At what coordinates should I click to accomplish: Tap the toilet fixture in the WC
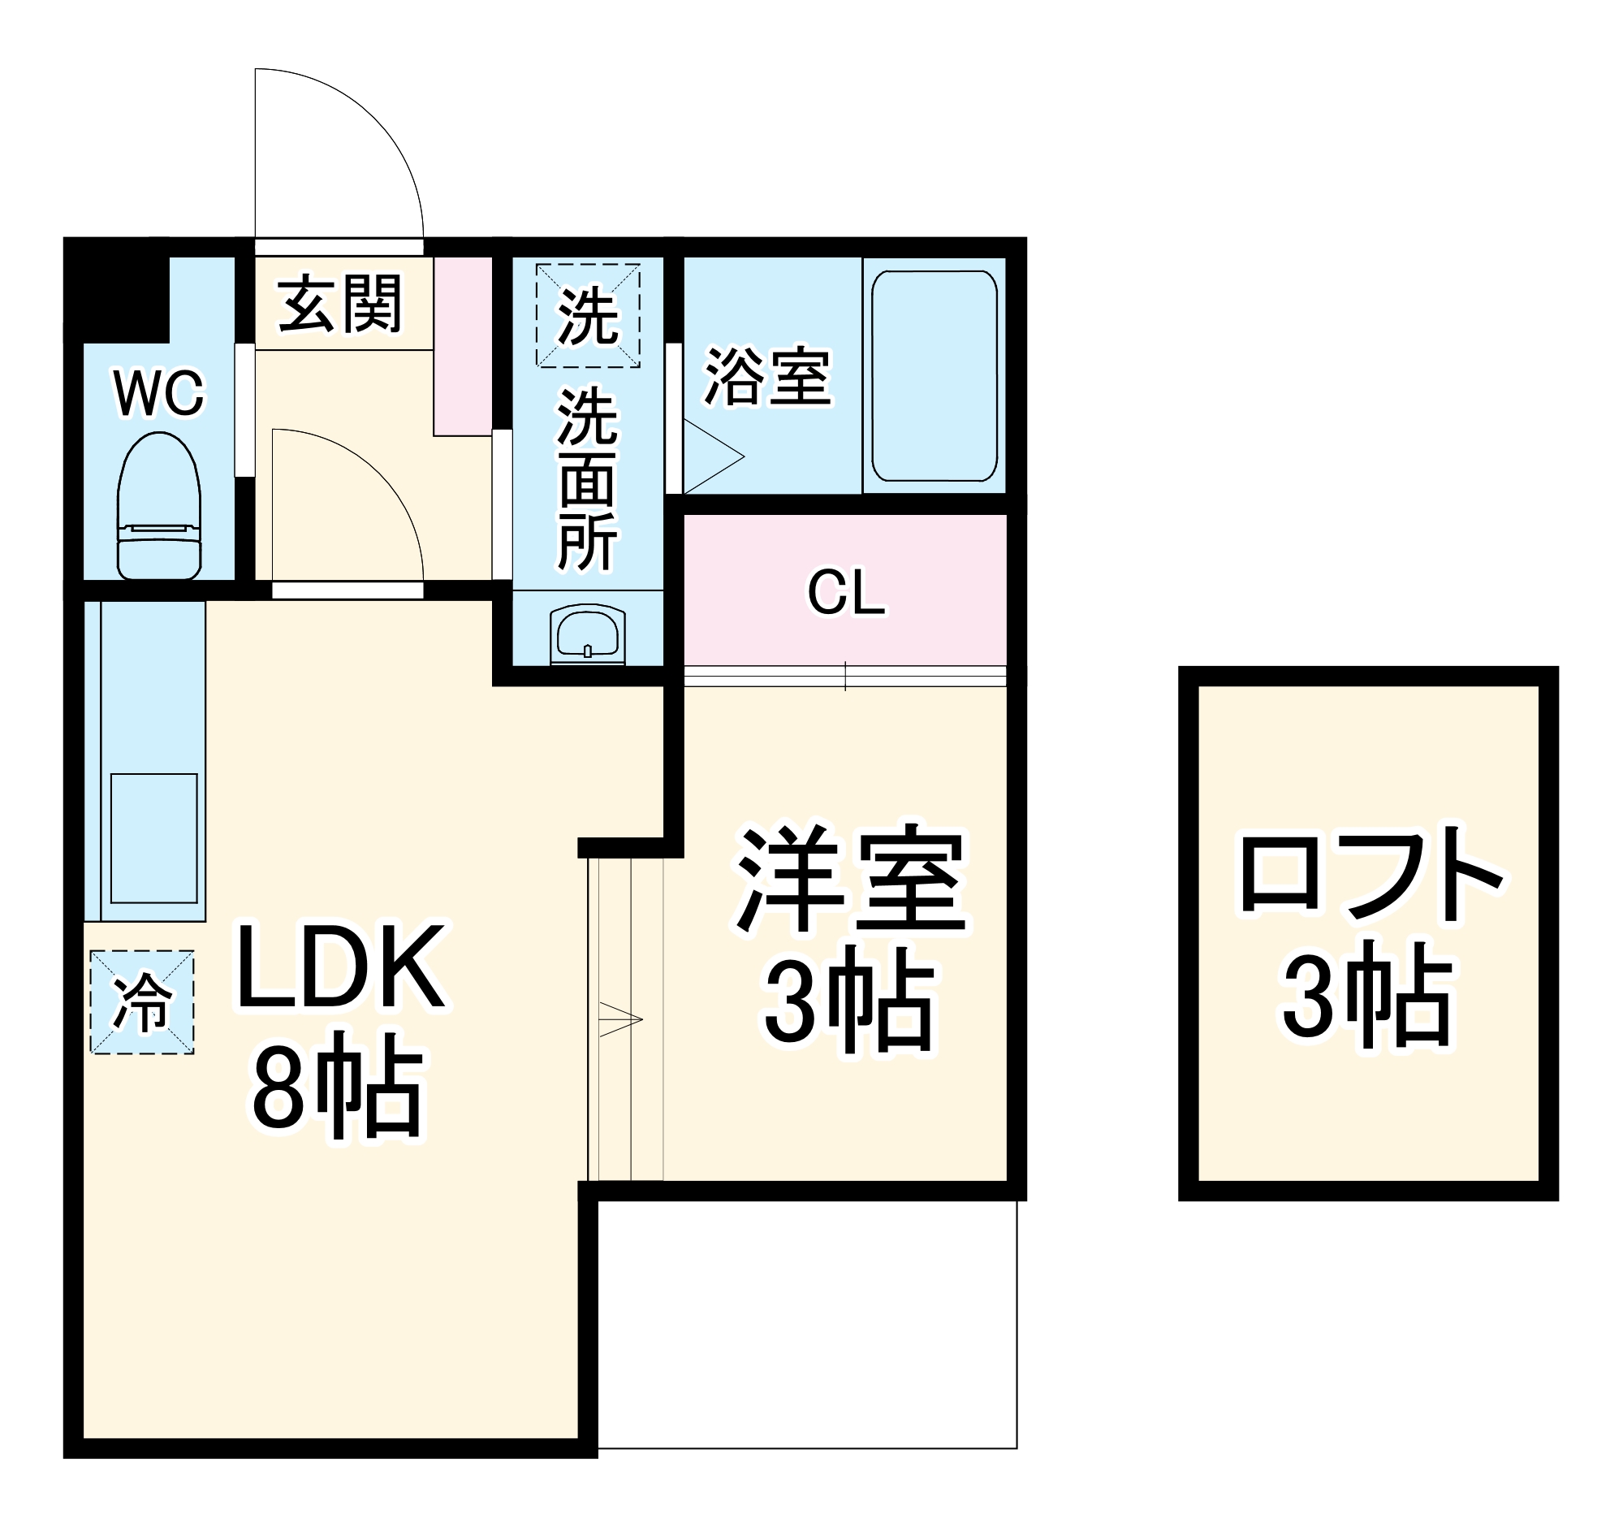pos(159,506)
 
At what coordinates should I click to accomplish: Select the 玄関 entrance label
pos(340,303)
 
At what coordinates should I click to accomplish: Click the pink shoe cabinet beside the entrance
pos(462,346)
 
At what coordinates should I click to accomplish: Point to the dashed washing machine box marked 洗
pos(587,315)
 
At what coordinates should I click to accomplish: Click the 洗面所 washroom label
pos(587,479)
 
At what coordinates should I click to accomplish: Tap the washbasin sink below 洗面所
pos(587,631)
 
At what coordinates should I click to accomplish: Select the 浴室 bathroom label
pos(767,376)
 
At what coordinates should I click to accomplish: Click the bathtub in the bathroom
pos(934,375)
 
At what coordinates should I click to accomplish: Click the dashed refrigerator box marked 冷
pos(142,1002)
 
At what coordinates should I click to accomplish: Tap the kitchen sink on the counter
pos(153,838)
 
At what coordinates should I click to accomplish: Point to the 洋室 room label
pos(851,881)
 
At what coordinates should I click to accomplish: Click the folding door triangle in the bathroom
pos(710,457)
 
